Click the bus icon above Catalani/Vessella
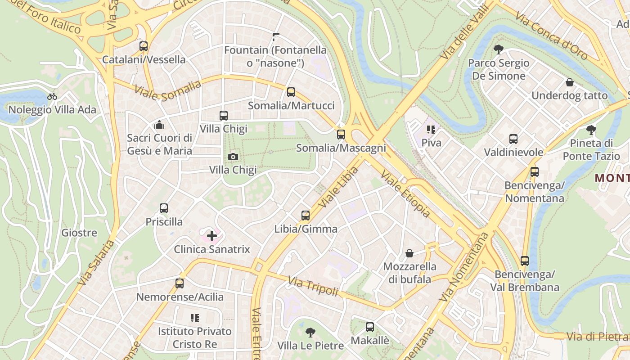[x=144, y=46]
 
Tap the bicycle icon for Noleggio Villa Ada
[x=52, y=96]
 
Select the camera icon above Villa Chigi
[x=233, y=157]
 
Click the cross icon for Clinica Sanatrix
[x=211, y=235]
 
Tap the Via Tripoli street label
[x=313, y=287]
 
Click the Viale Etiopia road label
[x=405, y=193]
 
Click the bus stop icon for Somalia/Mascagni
[x=341, y=134]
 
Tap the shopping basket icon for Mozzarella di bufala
[x=409, y=253]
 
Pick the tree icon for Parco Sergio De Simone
[x=498, y=49]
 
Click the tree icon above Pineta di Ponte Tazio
[x=591, y=130]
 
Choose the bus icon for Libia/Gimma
[x=306, y=216]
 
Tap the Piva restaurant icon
[x=431, y=130]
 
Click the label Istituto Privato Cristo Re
[x=194, y=337]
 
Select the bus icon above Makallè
[x=370, y=327]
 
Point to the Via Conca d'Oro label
[x=552, y=36]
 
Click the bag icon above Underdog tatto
[x=570, y=82]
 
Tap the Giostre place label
[x=79, y=233]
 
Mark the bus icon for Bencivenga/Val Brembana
[x=525, y=261]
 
